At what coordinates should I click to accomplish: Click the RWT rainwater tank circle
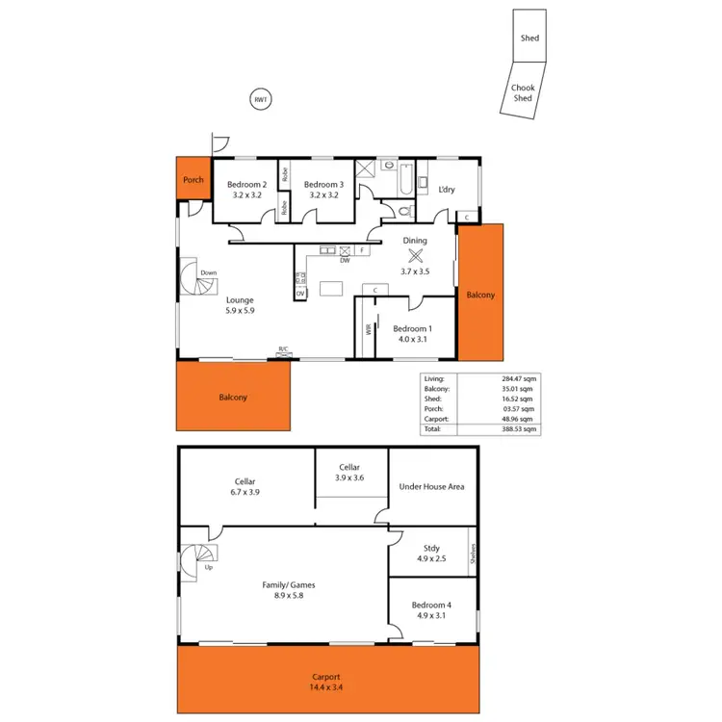click(259, 100)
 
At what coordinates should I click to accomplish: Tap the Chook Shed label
click(523, 92)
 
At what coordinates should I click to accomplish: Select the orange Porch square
click(193, 179)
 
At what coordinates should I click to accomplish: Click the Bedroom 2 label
click(246, 185)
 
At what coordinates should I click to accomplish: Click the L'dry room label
click(447, 190)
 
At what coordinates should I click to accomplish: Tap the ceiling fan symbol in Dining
click(416, 256)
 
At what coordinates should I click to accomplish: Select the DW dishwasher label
click(345, 259)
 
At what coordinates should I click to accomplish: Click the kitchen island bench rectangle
click(332, 288)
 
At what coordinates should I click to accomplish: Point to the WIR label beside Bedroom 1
click(368, 328)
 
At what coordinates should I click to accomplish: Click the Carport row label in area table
click(436, 419)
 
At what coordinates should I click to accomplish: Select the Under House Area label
click(431, 486)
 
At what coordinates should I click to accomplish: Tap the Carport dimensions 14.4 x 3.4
click(326, 688)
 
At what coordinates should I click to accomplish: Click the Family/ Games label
click(289, 584)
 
